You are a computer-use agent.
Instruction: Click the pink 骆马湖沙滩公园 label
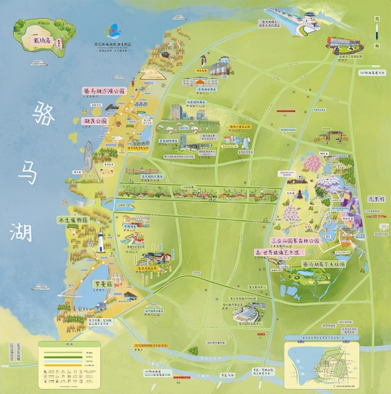coord(104,91)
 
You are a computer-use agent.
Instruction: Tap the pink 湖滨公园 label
coord(96,120)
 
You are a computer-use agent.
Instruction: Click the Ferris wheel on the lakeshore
coord(89,153)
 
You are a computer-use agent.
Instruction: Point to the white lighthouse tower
coord(101,242)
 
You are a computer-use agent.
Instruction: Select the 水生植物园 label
coord(72,220)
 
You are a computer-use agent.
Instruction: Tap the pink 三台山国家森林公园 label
coord(295,241)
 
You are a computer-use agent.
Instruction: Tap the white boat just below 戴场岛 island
coord(38,63)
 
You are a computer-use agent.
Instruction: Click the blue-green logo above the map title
coord(114,31)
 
